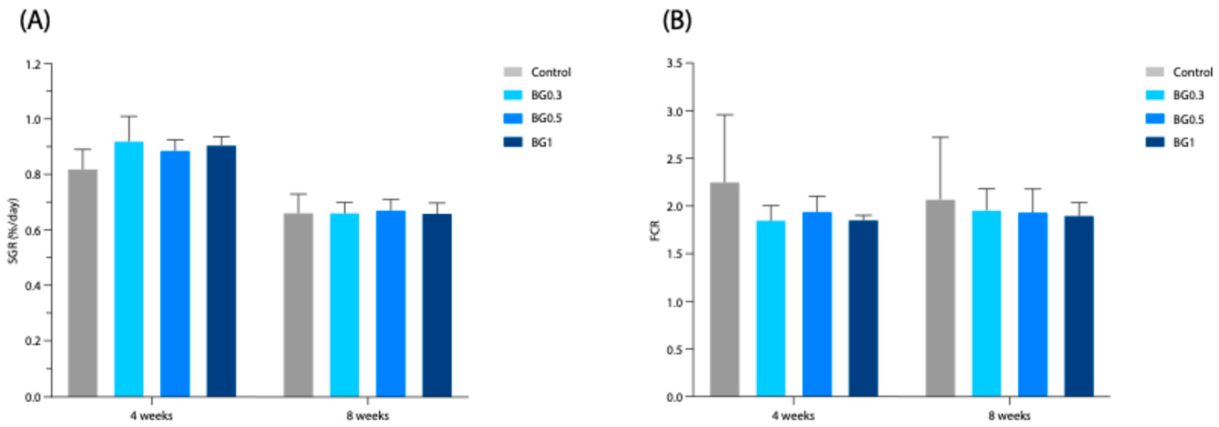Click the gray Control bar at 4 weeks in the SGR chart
pyautogui.click(x=83, y=283)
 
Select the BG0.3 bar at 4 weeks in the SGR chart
pyautogui.click(x=129, y=269)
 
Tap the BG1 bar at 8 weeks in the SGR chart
pyautogui.click(x=437, y=305)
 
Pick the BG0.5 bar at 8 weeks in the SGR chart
pyautogui.click(x=391, y=304)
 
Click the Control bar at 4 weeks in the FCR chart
pyautogui.click(x=725, y=290)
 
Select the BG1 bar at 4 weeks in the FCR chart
pyautogui.click(x=863, y=309)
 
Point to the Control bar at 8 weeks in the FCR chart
pyautogui.click(x=940, y=298)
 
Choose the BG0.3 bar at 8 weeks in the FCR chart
pyautogui.click(x=986, y=304)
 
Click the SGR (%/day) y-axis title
pyautogui.click(x=13, y=231)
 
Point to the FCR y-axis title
pyautogui.click(x=655, y=230)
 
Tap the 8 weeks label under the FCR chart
pyautogui.click(x=1009, y=416)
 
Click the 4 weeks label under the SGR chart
pyautogui.click(x=151, y=416)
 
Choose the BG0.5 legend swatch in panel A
pyautogui.click(x=513, y=118)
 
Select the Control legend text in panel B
pyautogui.click(x=1193, y=72)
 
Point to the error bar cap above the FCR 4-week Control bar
pyautogui.click(x=725, y=114)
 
